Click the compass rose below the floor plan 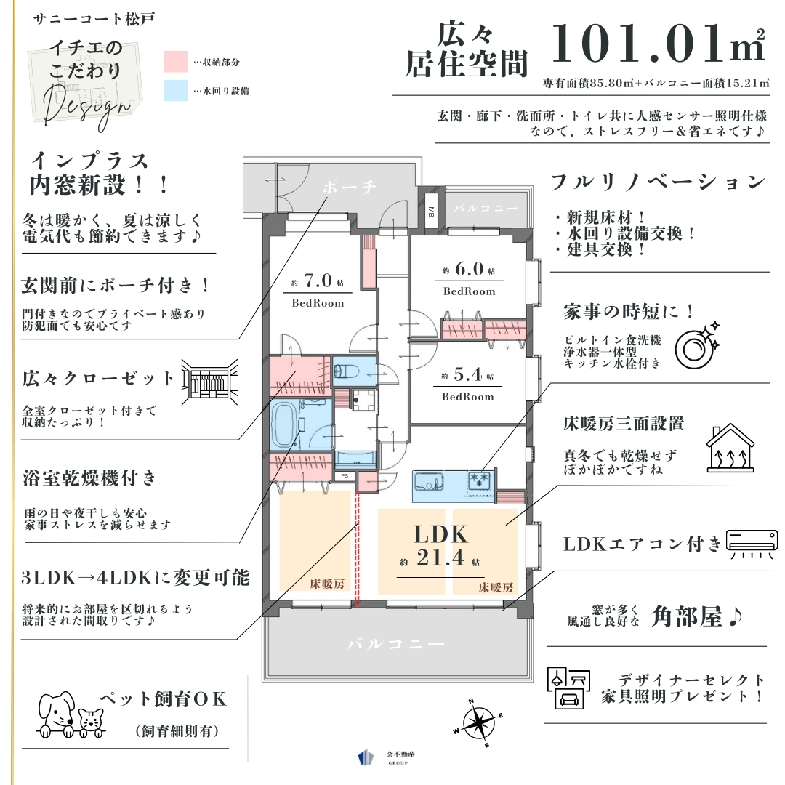click(478, 723)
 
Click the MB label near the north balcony click(431, 212)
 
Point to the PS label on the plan click(345, 475)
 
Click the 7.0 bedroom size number click(318, 281)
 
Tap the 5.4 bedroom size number click(468, 374)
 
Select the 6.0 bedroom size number click(469, 269)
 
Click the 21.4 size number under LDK click(440, 557)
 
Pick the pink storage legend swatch click(176, 62)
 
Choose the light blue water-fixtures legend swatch click(176, 91)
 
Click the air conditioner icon click(752, 543)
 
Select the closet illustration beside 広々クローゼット click(209, 382)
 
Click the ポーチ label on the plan click(349, 187)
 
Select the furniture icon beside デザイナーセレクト click(568, 688)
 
